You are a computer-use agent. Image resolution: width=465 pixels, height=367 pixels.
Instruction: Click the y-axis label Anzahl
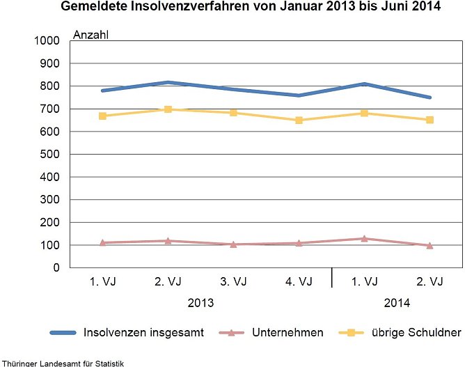point(91,34)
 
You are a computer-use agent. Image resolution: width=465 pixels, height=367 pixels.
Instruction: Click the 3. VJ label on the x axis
point(233,282)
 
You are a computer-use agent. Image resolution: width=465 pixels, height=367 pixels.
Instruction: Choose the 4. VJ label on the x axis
point(299,282)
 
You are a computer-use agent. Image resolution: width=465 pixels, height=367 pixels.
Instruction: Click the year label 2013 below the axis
point(200,304)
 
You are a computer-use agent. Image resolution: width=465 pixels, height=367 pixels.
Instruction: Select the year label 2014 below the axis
point(397,304)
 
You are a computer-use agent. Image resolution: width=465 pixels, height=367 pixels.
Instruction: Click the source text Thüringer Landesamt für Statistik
point(62,362)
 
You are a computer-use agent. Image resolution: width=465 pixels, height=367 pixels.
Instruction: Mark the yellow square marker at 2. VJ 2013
point(168,109)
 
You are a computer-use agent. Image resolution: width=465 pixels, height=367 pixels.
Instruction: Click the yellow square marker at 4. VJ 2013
point(299,120)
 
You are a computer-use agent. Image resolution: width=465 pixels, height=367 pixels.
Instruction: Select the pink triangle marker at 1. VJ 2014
point(364,238)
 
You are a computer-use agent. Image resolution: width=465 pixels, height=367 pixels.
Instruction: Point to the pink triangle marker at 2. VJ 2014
point(429,245)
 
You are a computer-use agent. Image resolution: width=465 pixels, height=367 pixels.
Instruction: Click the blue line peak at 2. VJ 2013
point(168,82)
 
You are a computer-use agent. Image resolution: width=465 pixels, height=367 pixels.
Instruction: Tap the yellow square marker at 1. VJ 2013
point(102,116)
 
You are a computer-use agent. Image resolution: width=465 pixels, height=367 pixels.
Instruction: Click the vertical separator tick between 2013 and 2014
point(331,277)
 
